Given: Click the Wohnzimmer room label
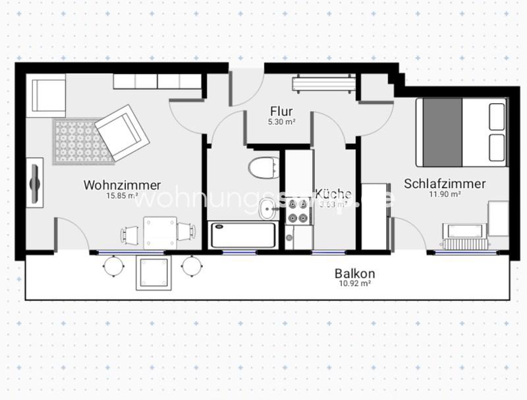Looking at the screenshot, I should coord(122,185).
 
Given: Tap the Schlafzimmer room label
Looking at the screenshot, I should coord(445,184).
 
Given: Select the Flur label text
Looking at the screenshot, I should coord(281,111).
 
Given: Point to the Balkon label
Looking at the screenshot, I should coord(354,273).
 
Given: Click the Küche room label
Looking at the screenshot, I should coord(333,193).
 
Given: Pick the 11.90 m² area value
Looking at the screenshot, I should coord(446,194).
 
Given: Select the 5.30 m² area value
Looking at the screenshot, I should coord(281,122).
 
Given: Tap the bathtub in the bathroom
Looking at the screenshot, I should coord(242,235).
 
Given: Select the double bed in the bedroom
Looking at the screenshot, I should coord(462,132).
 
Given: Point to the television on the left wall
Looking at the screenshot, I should coord(35,178).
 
